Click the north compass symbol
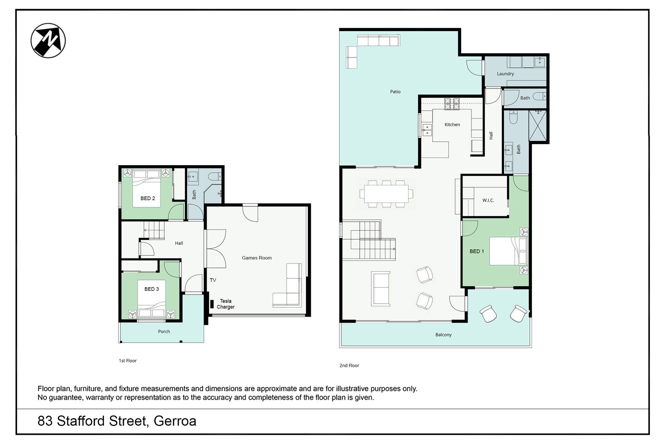pos(48,40)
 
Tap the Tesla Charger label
pos(225,304)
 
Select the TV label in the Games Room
pos(213,280)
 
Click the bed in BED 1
pos(508,251)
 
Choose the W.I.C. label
pos(488,200)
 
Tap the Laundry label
pos(505,74)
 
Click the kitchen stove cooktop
pos(452,104)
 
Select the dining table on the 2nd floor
pos(386,194)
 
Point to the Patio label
pos(395,92)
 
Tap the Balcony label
pos(443,335)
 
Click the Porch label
pos(164,332)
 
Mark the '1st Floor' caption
pos(128,361)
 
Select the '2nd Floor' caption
pos(349,366)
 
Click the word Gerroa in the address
pos(175,421)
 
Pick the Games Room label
pos(257,258)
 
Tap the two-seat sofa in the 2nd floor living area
pos(381,289)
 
